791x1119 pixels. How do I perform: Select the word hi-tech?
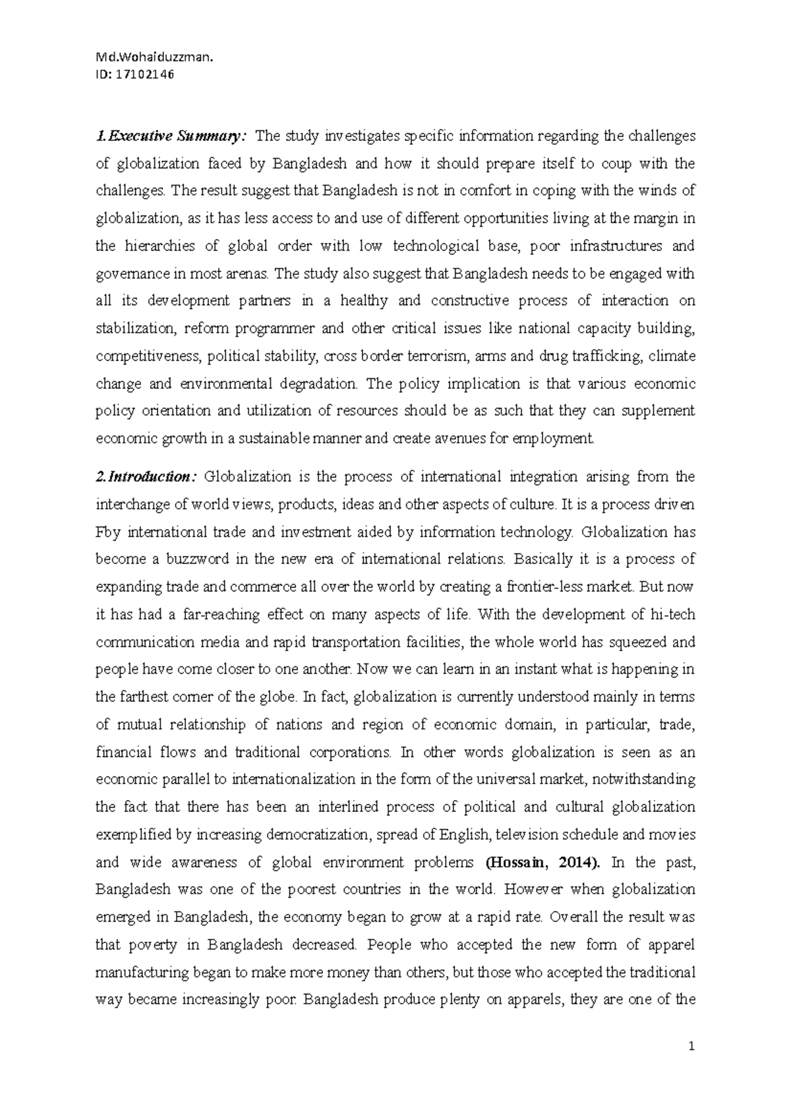pyautogui.click(x=673, y=615)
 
